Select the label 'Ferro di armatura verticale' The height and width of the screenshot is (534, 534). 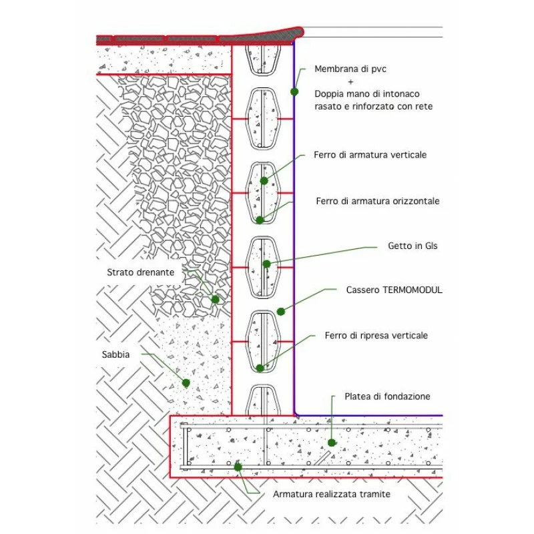[x=370, y=155]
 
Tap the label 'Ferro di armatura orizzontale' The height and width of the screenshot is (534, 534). [x=378, y=201]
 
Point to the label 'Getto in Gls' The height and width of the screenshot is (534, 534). [x=413, y=246]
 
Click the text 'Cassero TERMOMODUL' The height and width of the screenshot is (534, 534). [x=394, y=290]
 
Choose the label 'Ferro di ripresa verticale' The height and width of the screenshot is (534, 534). [x=376, y=335]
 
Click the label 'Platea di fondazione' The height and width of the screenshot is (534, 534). [x=387, y=396]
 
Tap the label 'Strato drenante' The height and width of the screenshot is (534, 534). [x=141, y=272]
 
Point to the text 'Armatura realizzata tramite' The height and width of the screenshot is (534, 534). [x=332, y=494]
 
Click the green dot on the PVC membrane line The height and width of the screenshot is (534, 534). [x=294, y=91]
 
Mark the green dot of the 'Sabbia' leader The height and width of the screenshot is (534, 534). [x=186, y=383]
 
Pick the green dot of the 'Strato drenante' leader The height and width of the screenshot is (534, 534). [x=215, y=300]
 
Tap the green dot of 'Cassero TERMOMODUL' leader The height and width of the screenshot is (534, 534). [x=281, y=311]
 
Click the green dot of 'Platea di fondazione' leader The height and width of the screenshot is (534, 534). [x=332, y=442]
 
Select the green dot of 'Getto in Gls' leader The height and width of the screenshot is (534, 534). [x=266, y=264]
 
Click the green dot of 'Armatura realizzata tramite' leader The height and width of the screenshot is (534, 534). [x=238, y=467]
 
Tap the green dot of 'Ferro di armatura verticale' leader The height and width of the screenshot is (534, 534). [x=264, y=180]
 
